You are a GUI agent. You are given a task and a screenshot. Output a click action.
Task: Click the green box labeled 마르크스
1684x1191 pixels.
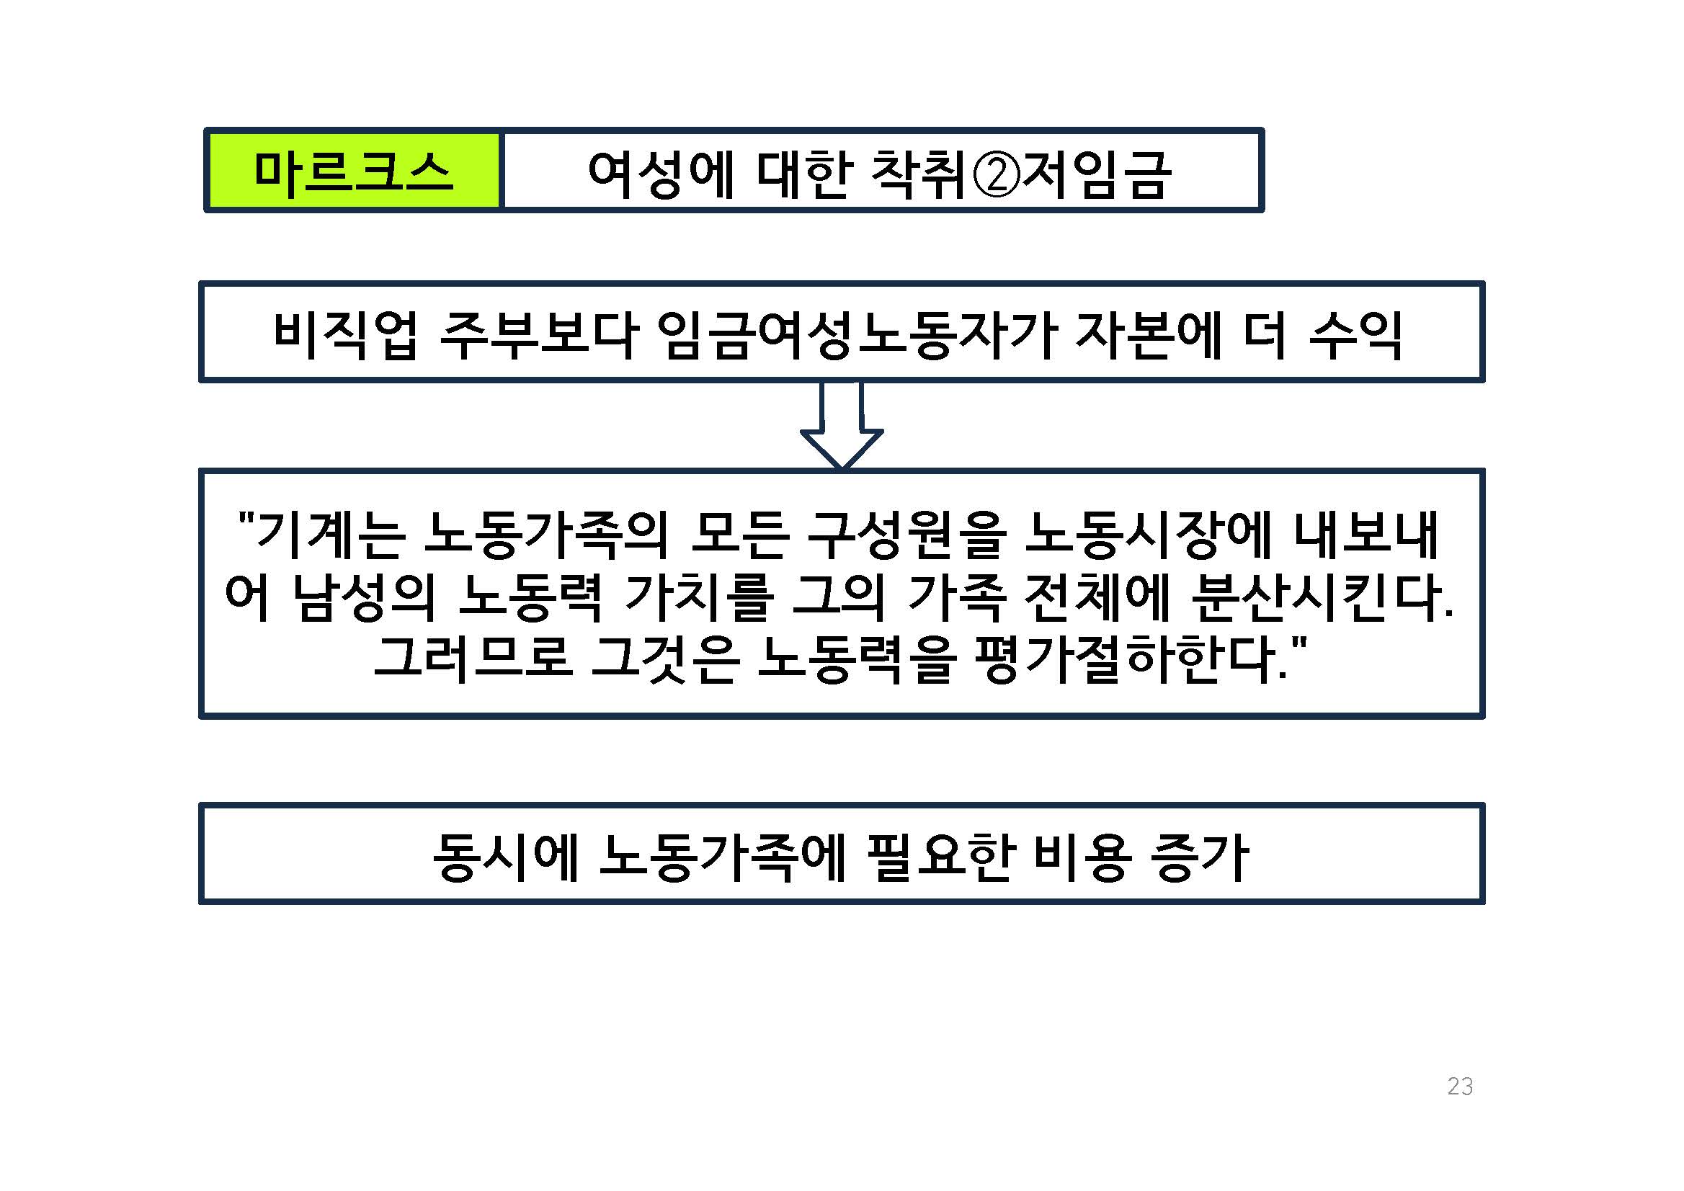354,171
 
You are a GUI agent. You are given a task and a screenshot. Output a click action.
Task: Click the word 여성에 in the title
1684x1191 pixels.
661,176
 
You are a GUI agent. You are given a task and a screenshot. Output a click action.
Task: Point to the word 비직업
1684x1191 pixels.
345,334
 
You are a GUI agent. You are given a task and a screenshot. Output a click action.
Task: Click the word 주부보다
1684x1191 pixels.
539,334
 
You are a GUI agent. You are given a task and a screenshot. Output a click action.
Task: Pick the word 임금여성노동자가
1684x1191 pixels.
857,334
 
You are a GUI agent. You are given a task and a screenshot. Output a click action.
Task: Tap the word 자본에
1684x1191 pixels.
1148,334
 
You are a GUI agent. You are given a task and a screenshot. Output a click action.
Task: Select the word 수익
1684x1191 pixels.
1355,334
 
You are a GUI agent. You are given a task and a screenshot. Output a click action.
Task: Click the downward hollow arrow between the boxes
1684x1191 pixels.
841,425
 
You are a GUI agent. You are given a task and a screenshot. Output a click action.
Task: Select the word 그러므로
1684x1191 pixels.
473,659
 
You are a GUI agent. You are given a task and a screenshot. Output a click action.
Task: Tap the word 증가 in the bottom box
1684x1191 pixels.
1200,857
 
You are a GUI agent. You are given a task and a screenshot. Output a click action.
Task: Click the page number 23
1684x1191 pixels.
1460,1086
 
